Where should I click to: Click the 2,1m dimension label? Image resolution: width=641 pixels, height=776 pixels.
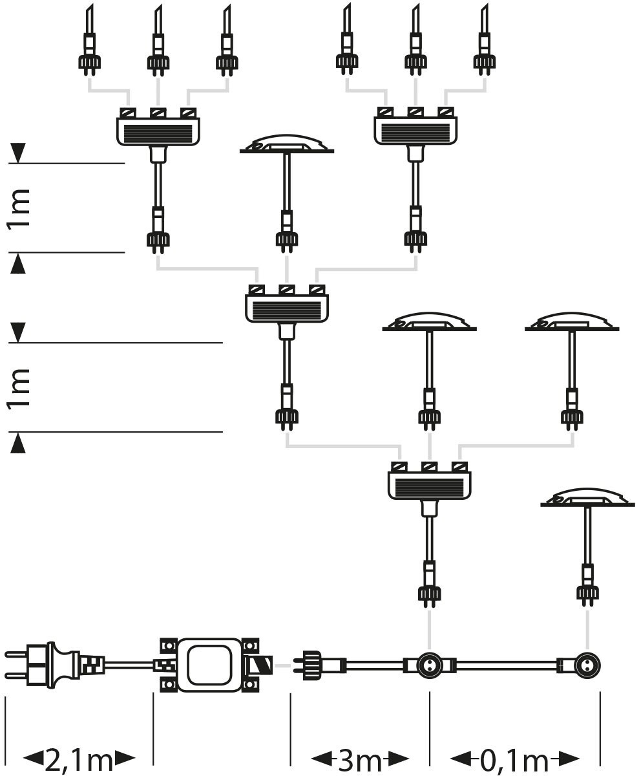click(x=79, y=759)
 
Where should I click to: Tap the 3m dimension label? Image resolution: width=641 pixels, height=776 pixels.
click(x=360, y=759)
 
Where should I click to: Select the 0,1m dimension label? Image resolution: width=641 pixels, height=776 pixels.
click(x=514, y=759)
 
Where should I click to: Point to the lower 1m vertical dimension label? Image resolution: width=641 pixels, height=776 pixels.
click(x=21, y=387)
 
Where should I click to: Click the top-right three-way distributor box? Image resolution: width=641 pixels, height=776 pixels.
click(x=416, y=130)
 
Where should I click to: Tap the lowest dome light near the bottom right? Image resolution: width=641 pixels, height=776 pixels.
click(x=587, y=499)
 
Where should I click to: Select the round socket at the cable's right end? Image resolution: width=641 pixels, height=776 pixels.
click(x=587, y=665)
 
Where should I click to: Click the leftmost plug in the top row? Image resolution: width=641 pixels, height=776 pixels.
click(x=89, y=61)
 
